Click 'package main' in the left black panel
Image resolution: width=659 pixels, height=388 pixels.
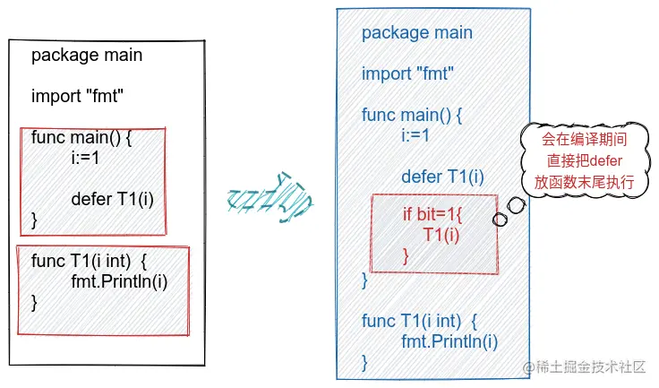click(x=87, y=56)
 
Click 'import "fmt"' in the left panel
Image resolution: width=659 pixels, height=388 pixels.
click(x=77, y=97)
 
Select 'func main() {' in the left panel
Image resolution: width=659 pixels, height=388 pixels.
click(x=81, y=138)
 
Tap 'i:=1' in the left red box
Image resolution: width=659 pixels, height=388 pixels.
click(x=86, y=158)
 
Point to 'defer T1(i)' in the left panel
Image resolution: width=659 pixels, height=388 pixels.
click(x=113, y=199)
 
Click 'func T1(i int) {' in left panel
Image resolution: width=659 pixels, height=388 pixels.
click(x=89, y=261)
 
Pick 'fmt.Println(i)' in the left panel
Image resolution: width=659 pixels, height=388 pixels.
click(x=119, y=281)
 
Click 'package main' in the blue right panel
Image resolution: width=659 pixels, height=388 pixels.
click(x=417, y=33)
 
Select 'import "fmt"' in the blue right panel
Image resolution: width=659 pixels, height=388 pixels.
click(x=407, y=73)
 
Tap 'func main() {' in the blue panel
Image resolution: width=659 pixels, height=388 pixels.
click(x=412, y=115)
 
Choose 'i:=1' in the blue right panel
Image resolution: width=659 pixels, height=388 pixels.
click(x=416, y=135)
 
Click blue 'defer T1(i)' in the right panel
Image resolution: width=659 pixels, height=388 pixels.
click(x=442, y=177)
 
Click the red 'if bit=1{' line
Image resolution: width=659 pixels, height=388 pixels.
click(x=436, y=216)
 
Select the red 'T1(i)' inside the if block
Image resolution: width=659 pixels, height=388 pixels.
click(x=441, y=236)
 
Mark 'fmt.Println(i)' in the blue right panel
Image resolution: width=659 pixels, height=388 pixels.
click(x=449, y=341)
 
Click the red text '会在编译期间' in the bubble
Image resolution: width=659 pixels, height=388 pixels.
click(x=579, y=141)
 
